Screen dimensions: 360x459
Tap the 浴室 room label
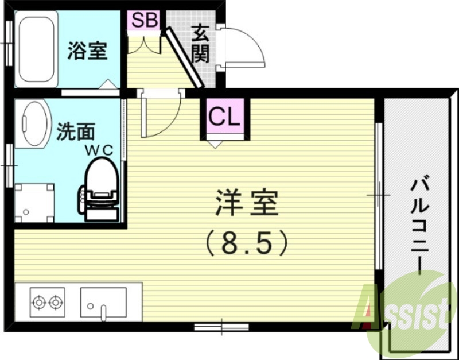[87, 51]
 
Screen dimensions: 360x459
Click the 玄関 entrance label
[201, 44]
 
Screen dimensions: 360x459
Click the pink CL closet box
[224, 117]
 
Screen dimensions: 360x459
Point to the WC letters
[100, 150]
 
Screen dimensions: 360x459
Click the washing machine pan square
[34, 202]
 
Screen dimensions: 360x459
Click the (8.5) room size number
[247, 242]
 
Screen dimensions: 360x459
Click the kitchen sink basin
[103, 303]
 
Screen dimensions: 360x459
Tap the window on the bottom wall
[221, 327]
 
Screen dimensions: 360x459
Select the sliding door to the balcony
[378, 195]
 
